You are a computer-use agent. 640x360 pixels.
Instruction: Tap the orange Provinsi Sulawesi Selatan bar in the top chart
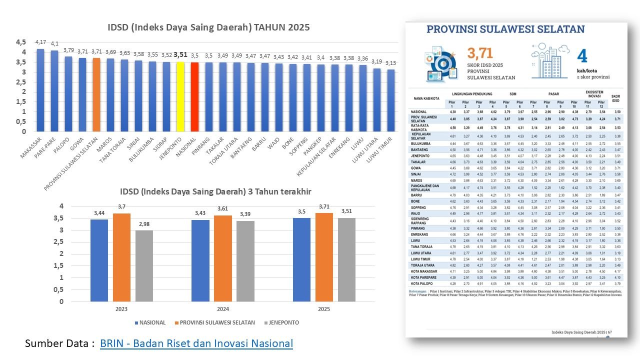click(96, 94)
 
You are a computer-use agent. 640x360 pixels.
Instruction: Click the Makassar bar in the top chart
click(40, 90)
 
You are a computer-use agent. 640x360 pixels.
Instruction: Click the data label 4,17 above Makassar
click(40, 42)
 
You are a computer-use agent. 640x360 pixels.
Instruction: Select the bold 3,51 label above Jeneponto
click(180, 55)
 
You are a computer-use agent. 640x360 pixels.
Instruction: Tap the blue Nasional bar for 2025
click(301, 259)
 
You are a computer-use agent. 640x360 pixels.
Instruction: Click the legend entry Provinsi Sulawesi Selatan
click(214, 322)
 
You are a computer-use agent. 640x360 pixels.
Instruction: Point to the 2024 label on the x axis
click(222, 309)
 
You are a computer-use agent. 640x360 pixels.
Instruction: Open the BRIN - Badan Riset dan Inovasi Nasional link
click(196, 343)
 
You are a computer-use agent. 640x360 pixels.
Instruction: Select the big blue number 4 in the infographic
click(581, 55)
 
